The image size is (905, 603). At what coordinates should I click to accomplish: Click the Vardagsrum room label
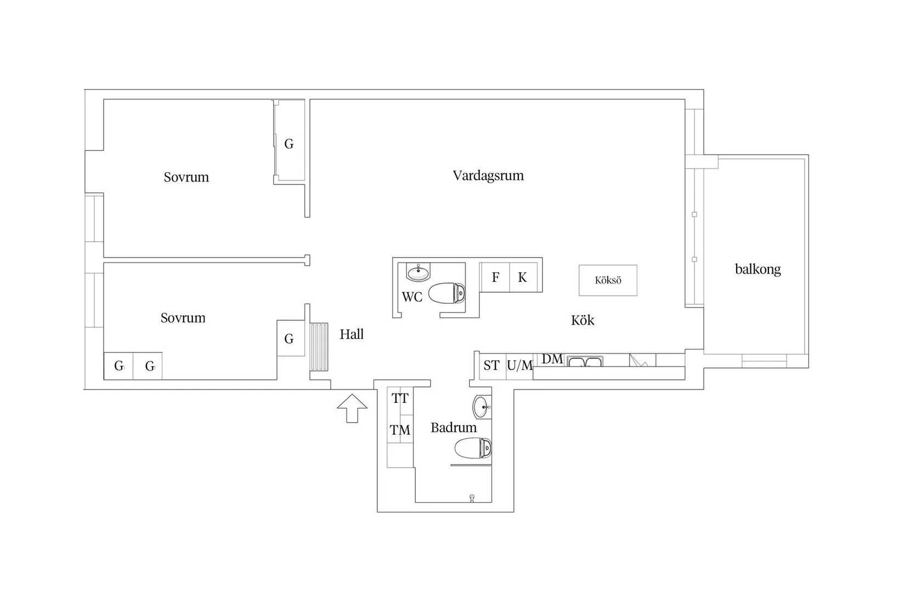[488, 175]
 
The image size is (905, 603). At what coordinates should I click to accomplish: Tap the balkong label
[757, 269]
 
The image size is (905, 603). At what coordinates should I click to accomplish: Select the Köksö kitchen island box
[608, 280]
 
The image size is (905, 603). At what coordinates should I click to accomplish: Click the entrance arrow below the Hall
[352, 408]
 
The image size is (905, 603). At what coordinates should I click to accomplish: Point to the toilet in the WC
[447, 293]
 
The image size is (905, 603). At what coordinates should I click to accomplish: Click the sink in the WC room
[418, 272]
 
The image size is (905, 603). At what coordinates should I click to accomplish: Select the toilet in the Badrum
[473, 448]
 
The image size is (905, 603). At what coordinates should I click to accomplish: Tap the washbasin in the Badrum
[482, 407]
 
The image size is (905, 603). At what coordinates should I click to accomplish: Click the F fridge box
[495, 277]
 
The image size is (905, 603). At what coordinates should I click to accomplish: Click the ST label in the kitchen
[491, 366]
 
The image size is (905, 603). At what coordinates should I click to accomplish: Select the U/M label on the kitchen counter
[520, 366]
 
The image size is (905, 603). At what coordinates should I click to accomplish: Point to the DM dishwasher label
[552, 359]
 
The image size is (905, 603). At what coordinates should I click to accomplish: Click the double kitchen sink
[585, 361]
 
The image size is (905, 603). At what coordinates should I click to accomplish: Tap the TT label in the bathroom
[400, 399]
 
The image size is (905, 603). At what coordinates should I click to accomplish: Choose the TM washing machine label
[400, 430]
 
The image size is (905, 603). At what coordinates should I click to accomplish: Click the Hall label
[352, 334]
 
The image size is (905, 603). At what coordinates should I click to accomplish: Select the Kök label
[582, 320]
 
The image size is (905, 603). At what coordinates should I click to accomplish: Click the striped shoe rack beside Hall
[319, 346]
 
